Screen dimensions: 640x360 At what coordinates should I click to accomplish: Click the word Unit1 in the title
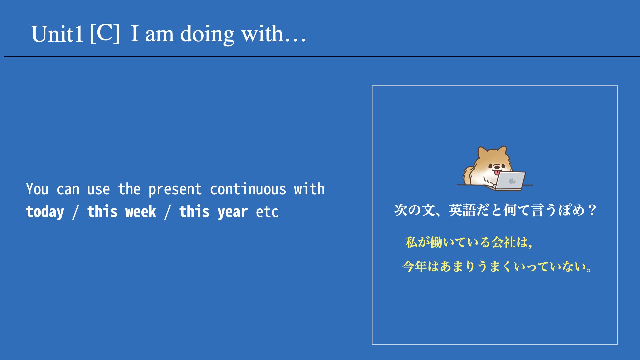[x=57, y=34]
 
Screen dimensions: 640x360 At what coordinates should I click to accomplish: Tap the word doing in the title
[x=207, y=34]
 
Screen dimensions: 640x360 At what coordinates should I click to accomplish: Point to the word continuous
[x=248, y=189]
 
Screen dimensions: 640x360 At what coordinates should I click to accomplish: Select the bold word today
[x=45, y=212]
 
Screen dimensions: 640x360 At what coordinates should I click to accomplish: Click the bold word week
[x=141, y=211]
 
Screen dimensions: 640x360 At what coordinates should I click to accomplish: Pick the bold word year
[x=233, y=212]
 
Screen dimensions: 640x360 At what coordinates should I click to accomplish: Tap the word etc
[x=267, y=212]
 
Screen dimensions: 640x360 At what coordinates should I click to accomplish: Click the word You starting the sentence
[x=37, y=189]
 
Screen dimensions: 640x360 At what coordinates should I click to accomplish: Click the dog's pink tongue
[x=497, y=172]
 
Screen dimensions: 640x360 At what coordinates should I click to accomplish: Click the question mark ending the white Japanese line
[x=592, y=210]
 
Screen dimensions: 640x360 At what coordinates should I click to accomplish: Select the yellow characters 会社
[x=504, y=242]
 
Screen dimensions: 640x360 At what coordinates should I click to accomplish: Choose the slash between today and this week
[x=76, y=212]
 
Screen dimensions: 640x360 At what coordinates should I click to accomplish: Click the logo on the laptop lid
[x=512, y=181]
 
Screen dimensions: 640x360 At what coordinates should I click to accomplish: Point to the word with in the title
[x=262, y=34]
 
